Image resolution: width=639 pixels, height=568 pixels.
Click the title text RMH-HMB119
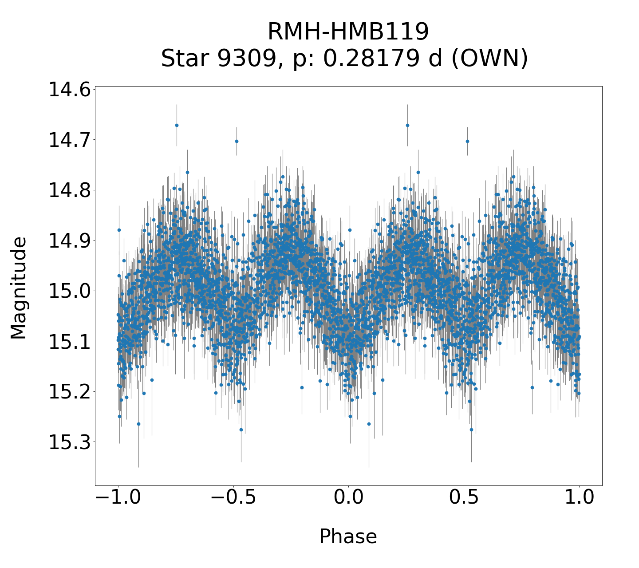(x=348, y=32)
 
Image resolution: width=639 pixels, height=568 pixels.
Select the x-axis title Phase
(x=348, y=536)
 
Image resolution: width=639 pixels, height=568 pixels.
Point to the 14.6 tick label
(x=69, y=90)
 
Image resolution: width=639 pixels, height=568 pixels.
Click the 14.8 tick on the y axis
(x=69, y=190)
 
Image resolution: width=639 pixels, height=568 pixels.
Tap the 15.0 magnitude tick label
(x=69, y=291)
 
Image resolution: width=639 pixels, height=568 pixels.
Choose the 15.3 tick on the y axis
(x=69, y=442)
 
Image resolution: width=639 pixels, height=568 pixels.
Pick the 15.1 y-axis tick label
(x=69, y=342)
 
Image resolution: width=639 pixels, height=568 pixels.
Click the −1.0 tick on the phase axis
(x=118, y=498)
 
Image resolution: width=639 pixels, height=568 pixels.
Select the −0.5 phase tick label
(x=233, y=498)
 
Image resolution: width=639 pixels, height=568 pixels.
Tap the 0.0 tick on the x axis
(x=348, y=498)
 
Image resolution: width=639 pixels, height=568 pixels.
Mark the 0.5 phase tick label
(x=464, y=498)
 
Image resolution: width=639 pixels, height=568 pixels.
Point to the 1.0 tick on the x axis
(x=579, y=498)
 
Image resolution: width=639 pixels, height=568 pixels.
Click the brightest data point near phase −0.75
(x=177, y=125)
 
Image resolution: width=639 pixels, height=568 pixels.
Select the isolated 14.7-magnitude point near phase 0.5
(x=467, y=141)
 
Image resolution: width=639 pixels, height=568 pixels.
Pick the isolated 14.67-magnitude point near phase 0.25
(x=407, y=125)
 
